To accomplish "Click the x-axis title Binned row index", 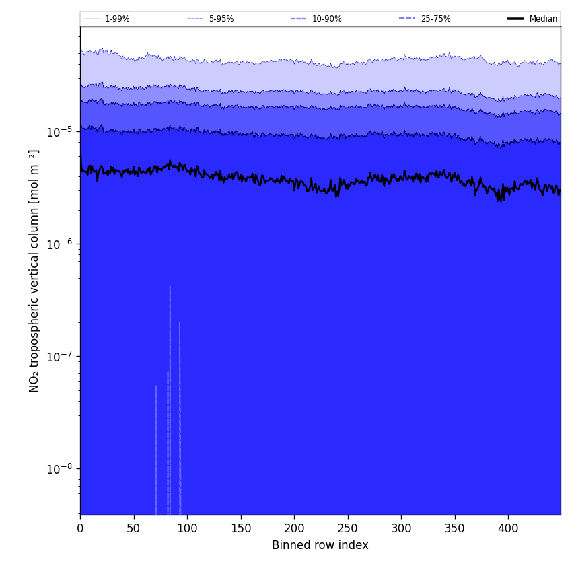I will tap(320, 545).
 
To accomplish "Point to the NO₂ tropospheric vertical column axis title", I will tap(34, 271).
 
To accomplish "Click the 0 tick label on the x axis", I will tap(80, 528).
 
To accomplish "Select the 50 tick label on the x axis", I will tap(133, 528).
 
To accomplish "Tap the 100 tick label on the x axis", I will tap(187, 528).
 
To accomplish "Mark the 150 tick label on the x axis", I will tap(241, 528).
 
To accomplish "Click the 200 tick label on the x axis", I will tap(294, 528).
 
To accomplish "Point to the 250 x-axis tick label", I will tap(348, 528).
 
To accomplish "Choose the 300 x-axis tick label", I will tap(401, 528).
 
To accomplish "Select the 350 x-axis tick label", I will tap(455, 528).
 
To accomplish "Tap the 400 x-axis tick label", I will tap(508, 528).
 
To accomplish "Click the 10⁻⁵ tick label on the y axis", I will tap(60, 131).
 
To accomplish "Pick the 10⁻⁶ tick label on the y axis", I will tap(60, 244).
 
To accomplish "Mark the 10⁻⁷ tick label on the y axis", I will tap(60, 356).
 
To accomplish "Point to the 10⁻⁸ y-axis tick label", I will tap(60, 468).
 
